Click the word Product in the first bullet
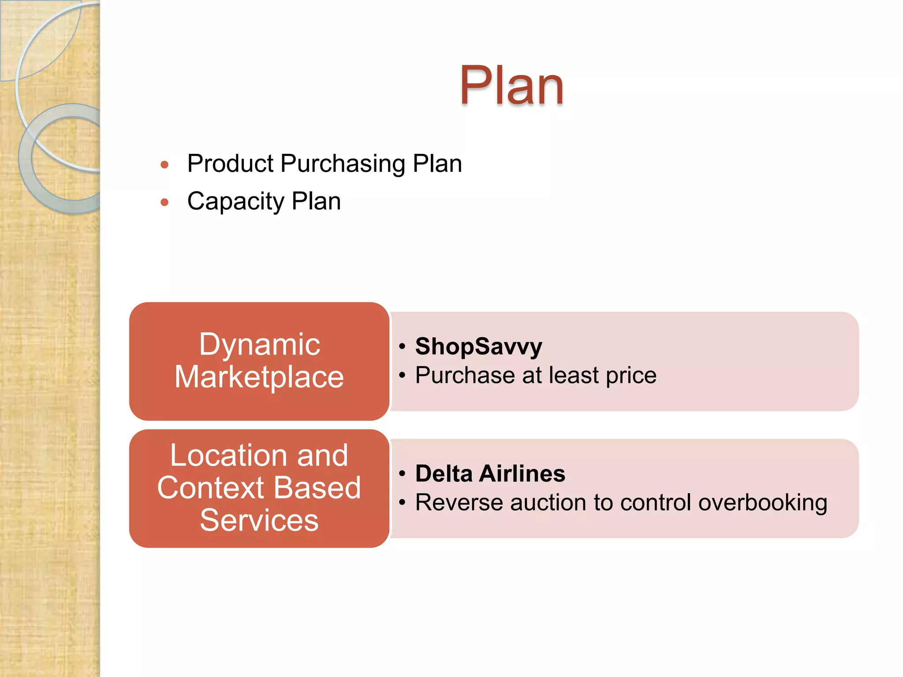click(x=231, y=164)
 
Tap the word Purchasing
click(x=343, y=164)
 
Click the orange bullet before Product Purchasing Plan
click(x=164, y=165)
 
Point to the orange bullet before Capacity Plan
click(x=164, y=203)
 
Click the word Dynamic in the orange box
click(x=259, y=344)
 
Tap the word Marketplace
click(x=259, y=377)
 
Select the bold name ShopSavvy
click(x=478, y=346)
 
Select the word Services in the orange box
click(x=259, y=521)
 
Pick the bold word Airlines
click(x=522, y=474)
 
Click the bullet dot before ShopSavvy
click(x=402, y=346)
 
